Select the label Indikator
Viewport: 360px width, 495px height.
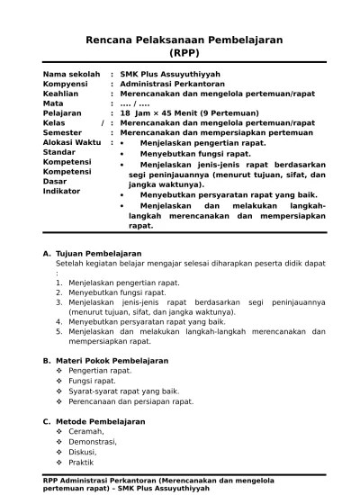[x=62, y=191]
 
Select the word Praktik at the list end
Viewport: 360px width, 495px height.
[x=82, y=463]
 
